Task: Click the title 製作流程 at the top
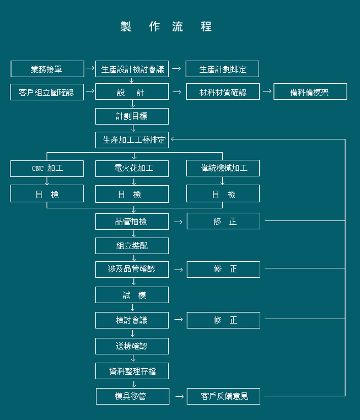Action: tap(166, 26)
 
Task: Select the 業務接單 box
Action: tap(47, 69)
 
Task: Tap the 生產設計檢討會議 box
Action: tap(132, 69)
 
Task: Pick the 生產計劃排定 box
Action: tap(222, 69)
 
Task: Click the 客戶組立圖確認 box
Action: tap(47, 92)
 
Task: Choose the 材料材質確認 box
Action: tap(222, 92)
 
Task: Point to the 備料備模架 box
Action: tap(310, 92)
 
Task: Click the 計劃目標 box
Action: tap(132, 116)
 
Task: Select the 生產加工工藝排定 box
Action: tap(132, 140)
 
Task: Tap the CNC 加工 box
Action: tap(47, 169)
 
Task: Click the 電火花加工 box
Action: tap(132, 169)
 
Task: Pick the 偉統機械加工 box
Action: tap(223, 169)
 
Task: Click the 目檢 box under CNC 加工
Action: tap(47, 193)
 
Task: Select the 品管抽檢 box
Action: tap(132, 222)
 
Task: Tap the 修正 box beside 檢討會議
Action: tap(223, 320)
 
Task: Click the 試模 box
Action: tap(132, 295)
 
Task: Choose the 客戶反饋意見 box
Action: tap(223, 396)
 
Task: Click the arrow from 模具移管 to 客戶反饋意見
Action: tap(179, 396)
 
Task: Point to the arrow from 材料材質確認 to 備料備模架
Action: tap(267, 91)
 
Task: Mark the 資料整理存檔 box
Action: tap(132, 371)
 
